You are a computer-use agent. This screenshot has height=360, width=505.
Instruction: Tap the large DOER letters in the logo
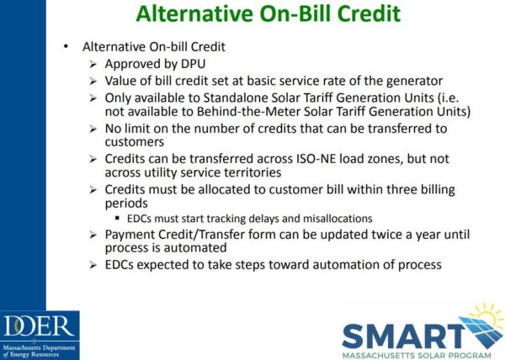click(x=40, y=326)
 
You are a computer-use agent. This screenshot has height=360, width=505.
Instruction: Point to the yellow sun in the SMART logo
click(x=474, y=317)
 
